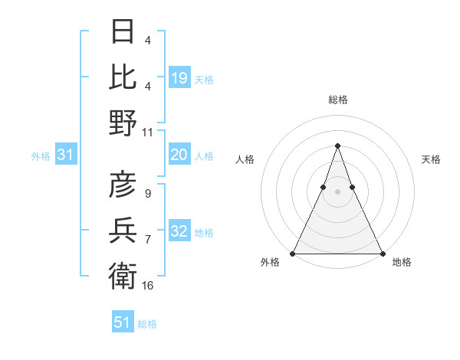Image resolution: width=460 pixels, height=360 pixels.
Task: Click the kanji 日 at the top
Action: coord(123,31)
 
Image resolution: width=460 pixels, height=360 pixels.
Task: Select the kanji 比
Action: coord(123,77)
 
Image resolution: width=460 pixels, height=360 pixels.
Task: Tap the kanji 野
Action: coord(123,123)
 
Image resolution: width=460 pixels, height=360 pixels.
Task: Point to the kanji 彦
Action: coord(123,185)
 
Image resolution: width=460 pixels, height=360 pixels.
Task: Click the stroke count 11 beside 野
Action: coord(148,132)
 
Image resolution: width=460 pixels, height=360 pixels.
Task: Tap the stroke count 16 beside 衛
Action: coord(148,286)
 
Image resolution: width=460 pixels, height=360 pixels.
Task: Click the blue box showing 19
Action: coord(179,77)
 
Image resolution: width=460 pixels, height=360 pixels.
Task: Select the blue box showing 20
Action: coord(179,155)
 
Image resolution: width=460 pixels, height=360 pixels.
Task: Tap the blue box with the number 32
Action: coord(179,231)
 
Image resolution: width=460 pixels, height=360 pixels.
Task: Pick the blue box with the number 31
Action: coord(66,155)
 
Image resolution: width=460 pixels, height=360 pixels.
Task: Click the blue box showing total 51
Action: coord(123,322)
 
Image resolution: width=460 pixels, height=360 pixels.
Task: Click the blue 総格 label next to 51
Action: coord(147,324)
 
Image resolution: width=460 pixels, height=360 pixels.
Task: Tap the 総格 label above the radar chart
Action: coord(337,100)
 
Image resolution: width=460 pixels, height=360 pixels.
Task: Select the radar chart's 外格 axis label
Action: coord(271,262)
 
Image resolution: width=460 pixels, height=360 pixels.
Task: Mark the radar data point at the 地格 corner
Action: coord(382,253)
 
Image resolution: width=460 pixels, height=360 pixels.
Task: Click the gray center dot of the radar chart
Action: coord(337,191)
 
